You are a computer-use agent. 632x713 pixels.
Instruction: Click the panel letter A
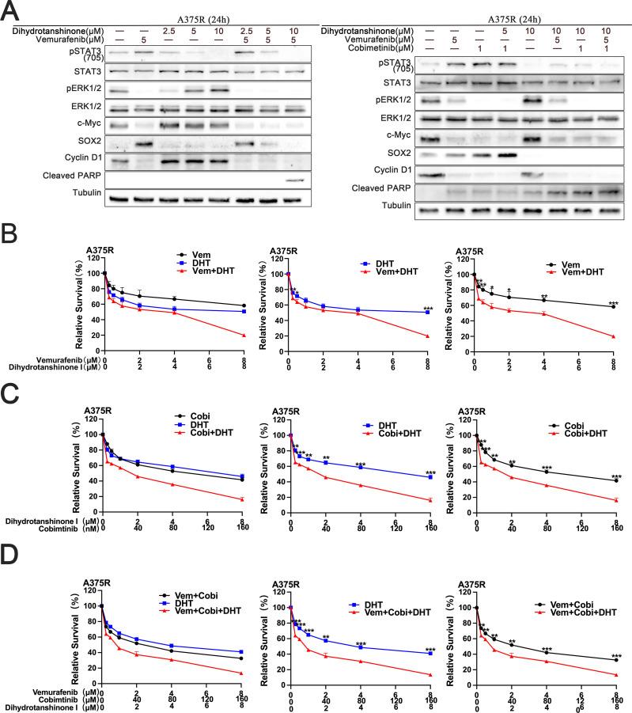[x=10, y=10]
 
